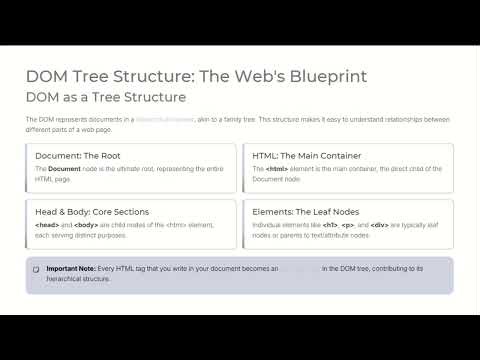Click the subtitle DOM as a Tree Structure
pos(106,97)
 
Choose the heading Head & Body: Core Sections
pos(92,212)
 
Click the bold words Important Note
pos(71,269)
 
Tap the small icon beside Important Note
pos(36,269)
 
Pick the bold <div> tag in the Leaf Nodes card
pos(378,225)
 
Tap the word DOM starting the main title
pos(47,77)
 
